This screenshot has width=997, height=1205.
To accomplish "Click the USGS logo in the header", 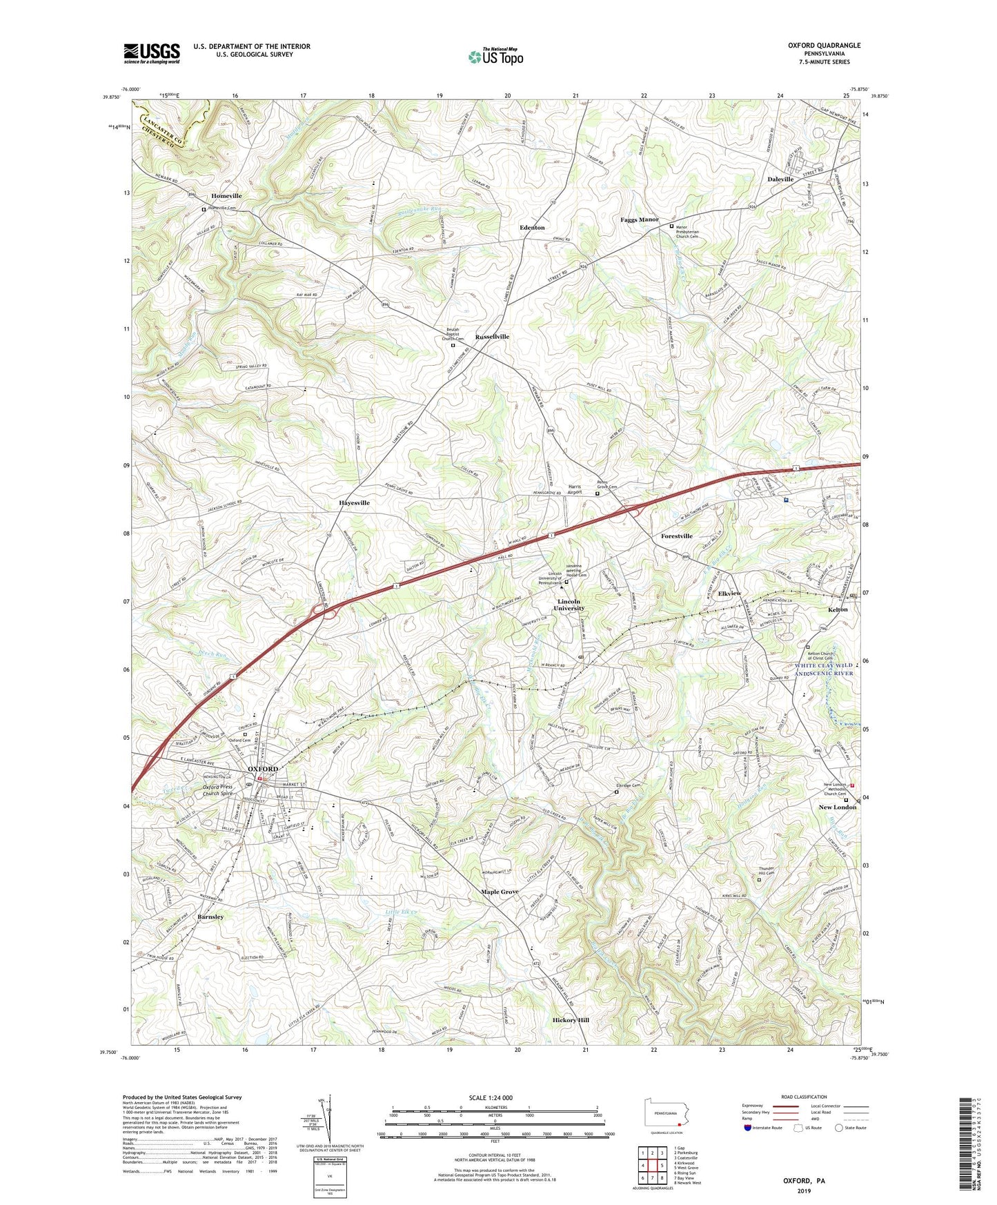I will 151,53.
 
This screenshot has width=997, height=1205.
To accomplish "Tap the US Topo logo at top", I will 495,57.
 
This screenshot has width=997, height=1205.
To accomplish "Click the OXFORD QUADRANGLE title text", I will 824,46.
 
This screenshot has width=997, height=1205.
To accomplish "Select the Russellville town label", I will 492,337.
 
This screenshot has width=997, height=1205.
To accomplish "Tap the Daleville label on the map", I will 780,179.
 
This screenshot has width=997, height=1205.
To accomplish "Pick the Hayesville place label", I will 354,503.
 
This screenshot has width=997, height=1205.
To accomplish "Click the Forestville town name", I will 676,536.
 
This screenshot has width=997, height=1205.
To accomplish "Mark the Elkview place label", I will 729,594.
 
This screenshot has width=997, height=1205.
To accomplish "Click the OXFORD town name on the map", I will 263,769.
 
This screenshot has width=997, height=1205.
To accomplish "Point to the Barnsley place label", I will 210,917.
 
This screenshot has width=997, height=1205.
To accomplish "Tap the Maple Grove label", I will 500,892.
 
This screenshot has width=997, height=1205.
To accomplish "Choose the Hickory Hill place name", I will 571,1020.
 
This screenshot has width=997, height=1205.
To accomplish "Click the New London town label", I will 837,807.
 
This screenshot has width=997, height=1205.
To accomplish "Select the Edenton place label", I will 532,228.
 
